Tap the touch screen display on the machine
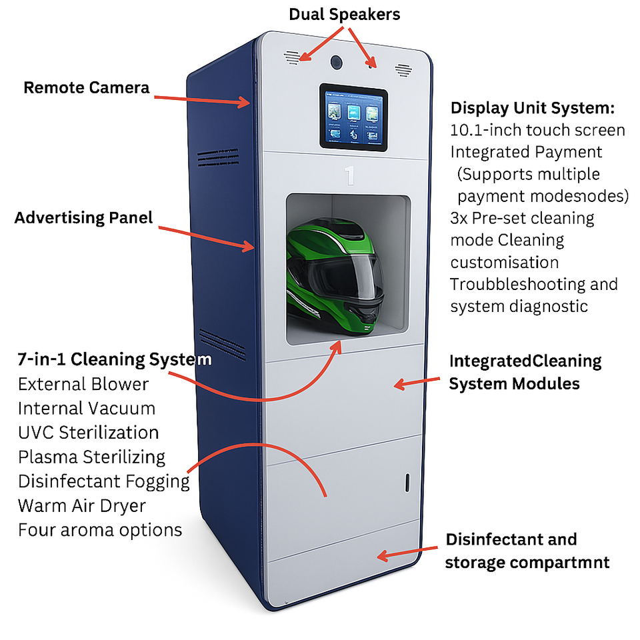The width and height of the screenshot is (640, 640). click(354, 118)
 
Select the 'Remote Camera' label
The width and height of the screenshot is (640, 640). click(87, 87)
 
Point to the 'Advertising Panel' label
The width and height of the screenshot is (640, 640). click(83, 217)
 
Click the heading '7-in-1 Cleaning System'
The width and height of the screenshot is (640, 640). click(115, 359)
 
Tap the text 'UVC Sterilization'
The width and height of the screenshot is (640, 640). click(88, 432)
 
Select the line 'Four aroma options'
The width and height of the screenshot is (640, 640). click(100, 530)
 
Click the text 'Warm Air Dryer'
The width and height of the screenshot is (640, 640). click(81, 505)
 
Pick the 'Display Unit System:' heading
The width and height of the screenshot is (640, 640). click(532, 108)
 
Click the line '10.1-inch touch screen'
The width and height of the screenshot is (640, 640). click(537, 130)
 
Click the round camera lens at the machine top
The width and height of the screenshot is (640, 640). click(337, 62)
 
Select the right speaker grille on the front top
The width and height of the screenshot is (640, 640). click(403, 69)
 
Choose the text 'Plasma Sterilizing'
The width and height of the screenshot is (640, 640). click(91, 457)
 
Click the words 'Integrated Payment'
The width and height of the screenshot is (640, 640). click(526, 152)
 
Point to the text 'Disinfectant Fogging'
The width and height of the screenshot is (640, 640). click(103, 481)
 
